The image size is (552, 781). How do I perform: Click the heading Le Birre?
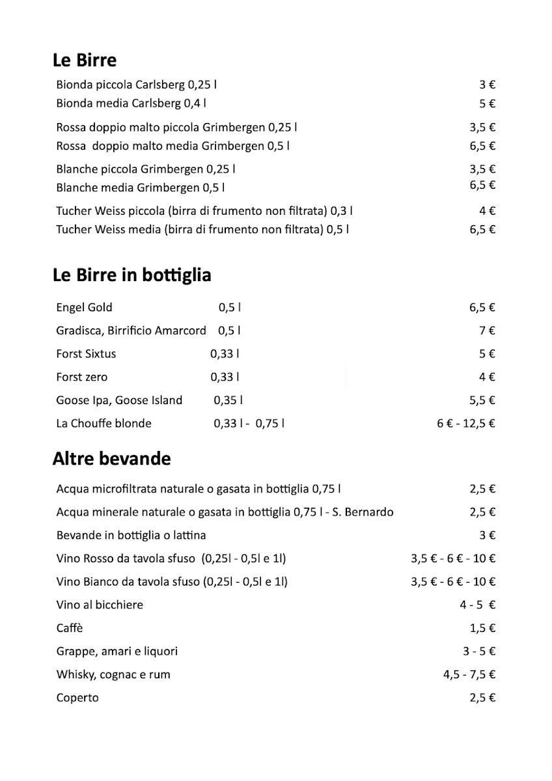(x=85, y=61)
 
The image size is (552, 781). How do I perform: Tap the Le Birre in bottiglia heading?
(x=131, y=275)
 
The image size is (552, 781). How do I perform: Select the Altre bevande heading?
(x=111, y=459)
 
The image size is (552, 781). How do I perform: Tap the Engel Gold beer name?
(x=84, y=307)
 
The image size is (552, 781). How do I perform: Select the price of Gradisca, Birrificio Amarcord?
(x=488, y=331)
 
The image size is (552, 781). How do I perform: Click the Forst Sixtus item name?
(x=86, y=354)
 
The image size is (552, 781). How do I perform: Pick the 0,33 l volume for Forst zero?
(x=225, y=377)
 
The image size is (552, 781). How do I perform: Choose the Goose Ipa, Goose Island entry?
(x=119, y=400)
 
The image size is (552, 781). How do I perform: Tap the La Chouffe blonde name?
(x=103, y=424)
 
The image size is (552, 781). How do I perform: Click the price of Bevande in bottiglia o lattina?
(x=488, y=536)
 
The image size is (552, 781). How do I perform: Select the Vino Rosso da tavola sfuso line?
(x=172, y=558)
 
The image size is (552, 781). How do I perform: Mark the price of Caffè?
(x=483, y=628)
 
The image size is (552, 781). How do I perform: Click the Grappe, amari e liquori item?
(x=117, y=651)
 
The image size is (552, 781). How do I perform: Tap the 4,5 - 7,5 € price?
(x=469, y=675)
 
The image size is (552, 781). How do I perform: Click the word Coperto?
(x=77, y=698)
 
